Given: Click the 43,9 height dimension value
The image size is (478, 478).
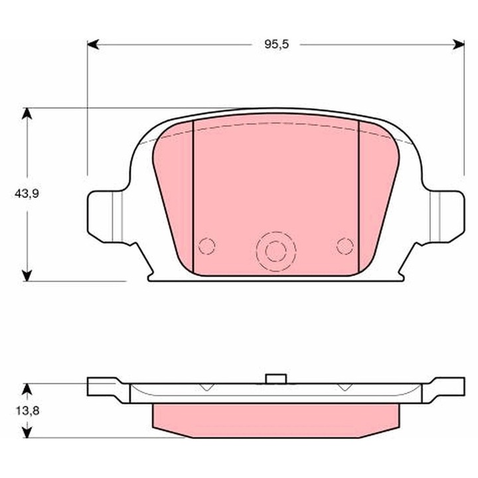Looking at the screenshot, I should click(27, 193).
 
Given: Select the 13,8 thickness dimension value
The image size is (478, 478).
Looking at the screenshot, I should click(27, 410).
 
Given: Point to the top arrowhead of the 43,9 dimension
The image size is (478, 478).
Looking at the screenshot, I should click(27, 114).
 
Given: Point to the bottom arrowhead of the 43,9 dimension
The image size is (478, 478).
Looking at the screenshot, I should click(27, 274).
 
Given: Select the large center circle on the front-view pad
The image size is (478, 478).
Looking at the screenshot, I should click(274, 251).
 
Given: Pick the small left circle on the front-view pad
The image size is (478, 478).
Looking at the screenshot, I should click(207, 246).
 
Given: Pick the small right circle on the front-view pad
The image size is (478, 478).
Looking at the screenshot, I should click(344, 246).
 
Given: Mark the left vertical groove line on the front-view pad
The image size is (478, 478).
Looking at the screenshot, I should click(193, 199).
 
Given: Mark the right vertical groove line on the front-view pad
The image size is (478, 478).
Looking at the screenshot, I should click(358, 199).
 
